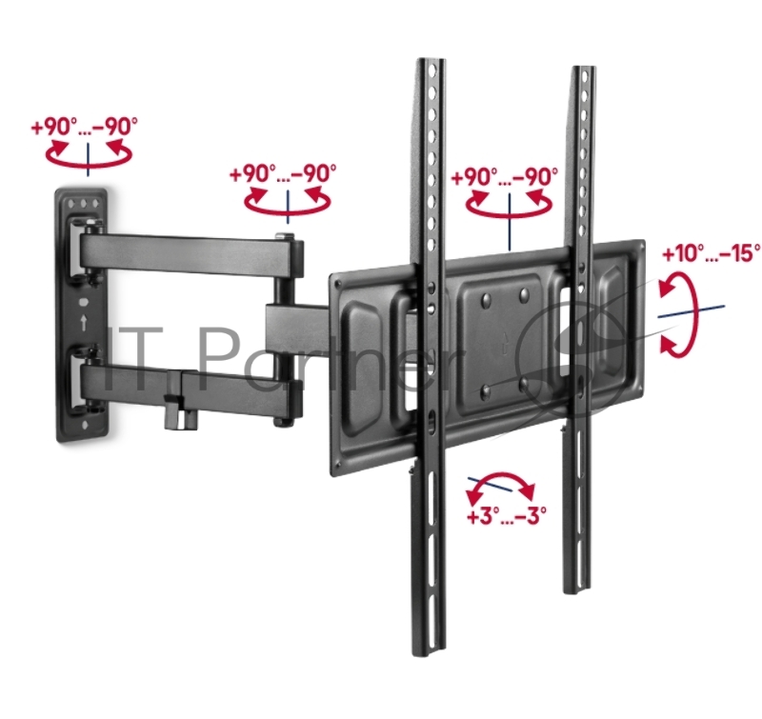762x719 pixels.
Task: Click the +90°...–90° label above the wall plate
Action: pos(84,127)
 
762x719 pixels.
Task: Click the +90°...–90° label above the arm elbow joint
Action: pos(283,173)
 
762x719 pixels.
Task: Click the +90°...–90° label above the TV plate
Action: pos(505,176)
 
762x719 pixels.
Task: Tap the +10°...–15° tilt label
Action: pos(711,253)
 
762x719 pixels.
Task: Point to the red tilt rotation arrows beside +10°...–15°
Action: pos(678,315)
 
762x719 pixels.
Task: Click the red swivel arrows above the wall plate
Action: pos(89,152)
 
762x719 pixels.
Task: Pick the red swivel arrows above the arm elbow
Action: pos(288,200)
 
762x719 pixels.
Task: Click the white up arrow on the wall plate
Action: pos(85,323)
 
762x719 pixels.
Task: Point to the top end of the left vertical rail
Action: pos(431,60)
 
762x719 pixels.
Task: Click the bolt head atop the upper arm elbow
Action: pos(284,236)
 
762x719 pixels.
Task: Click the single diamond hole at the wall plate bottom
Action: pos(86,426)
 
